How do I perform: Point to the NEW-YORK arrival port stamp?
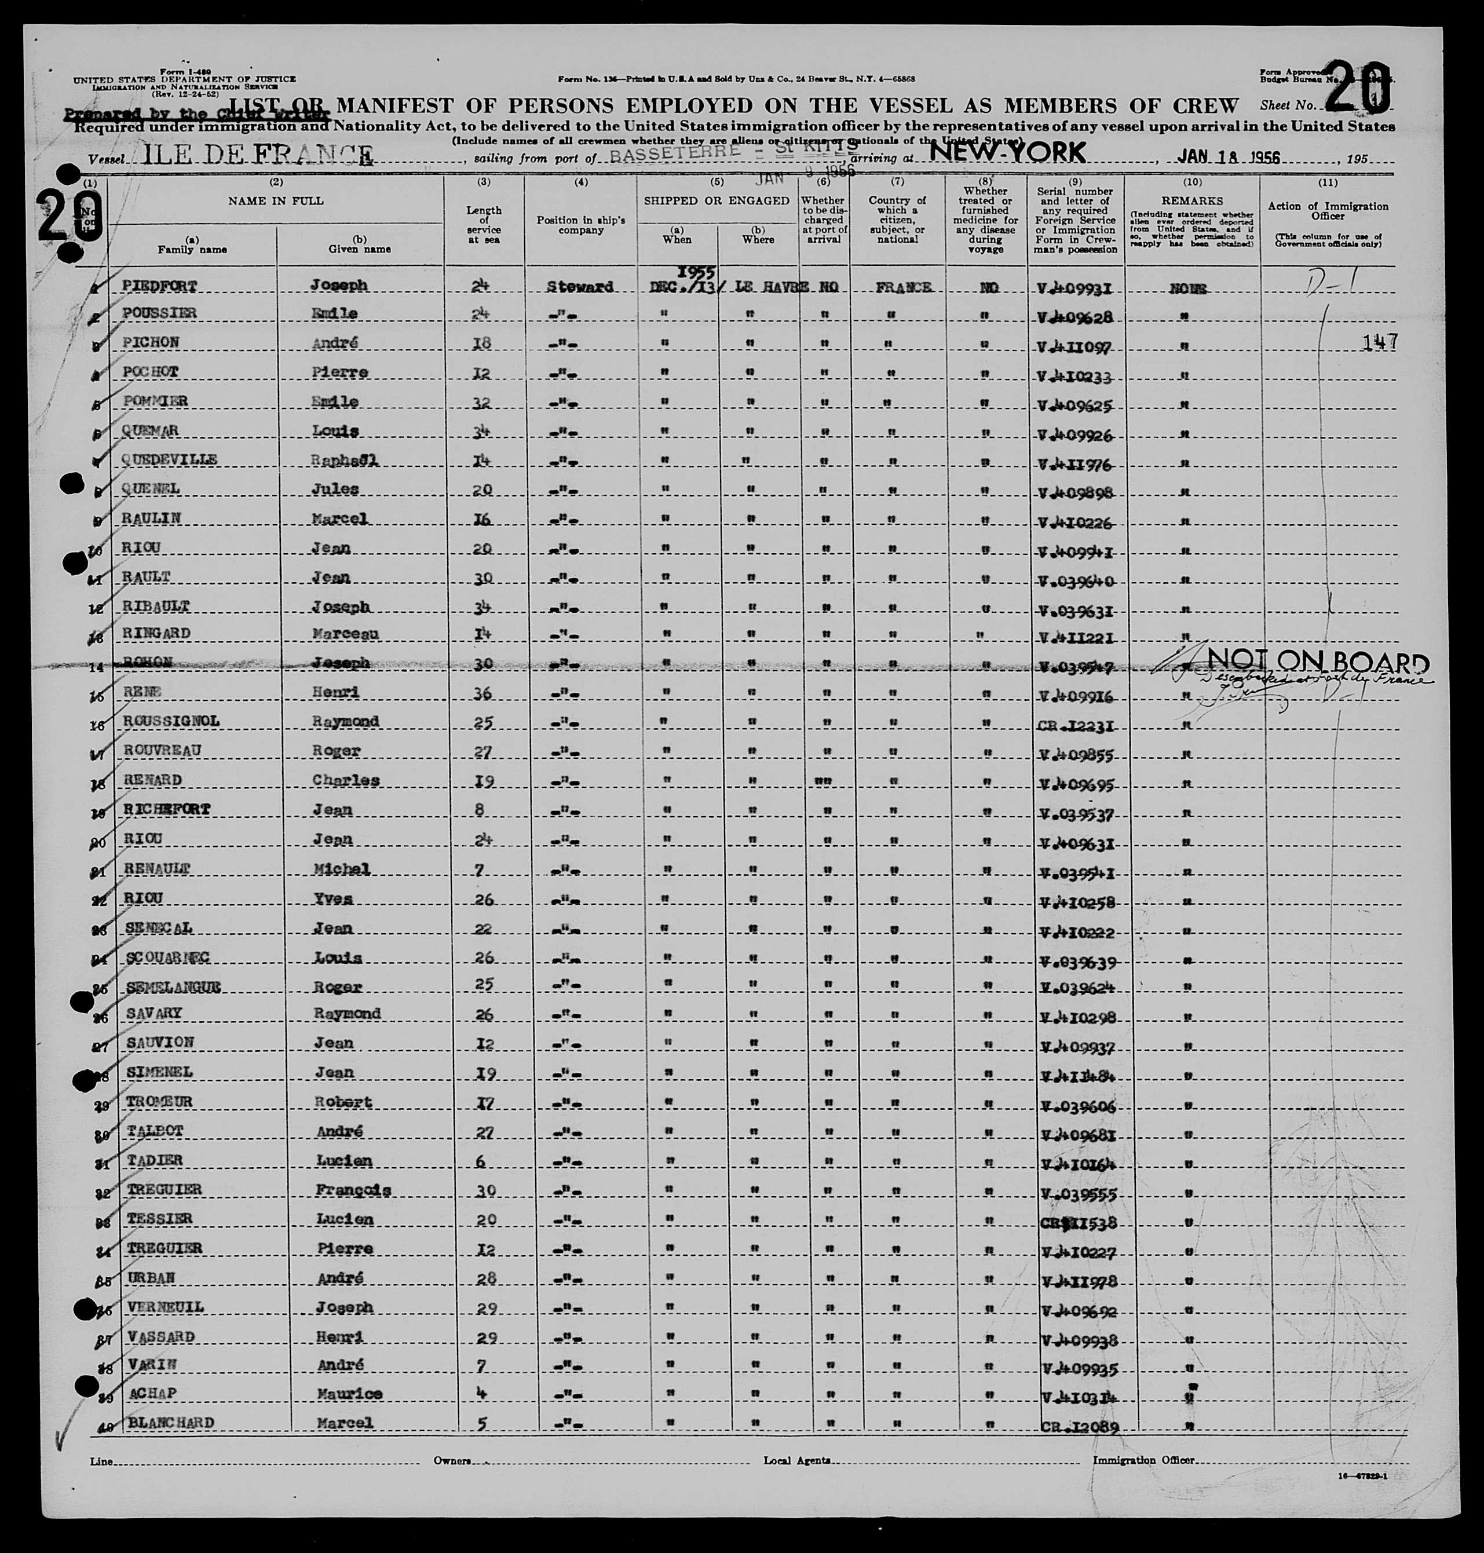pyautogui.click(x=1007, y=152)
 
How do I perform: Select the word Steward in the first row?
pyautogui.click(x=580, y=287)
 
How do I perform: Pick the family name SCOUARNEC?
pyautogui.click(x=168, y=958)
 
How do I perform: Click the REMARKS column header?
pyautogui.click(x=1192, y=201)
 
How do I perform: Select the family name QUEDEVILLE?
pyautogui.click(x=169, y=460)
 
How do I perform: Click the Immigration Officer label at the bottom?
pyautogui.click(x=1144, y=1460)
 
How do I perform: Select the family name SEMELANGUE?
pyautogui.click(x=173, y=986)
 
